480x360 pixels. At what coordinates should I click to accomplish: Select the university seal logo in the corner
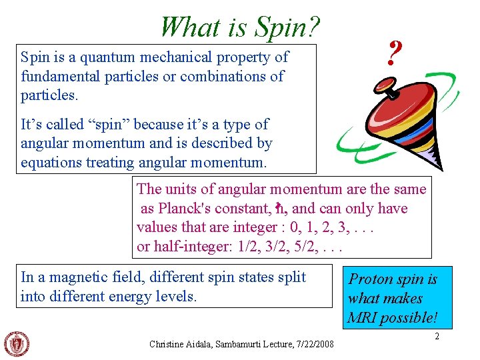17,343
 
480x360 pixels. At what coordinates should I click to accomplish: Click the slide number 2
437,337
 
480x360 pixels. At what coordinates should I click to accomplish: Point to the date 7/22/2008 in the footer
314,344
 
